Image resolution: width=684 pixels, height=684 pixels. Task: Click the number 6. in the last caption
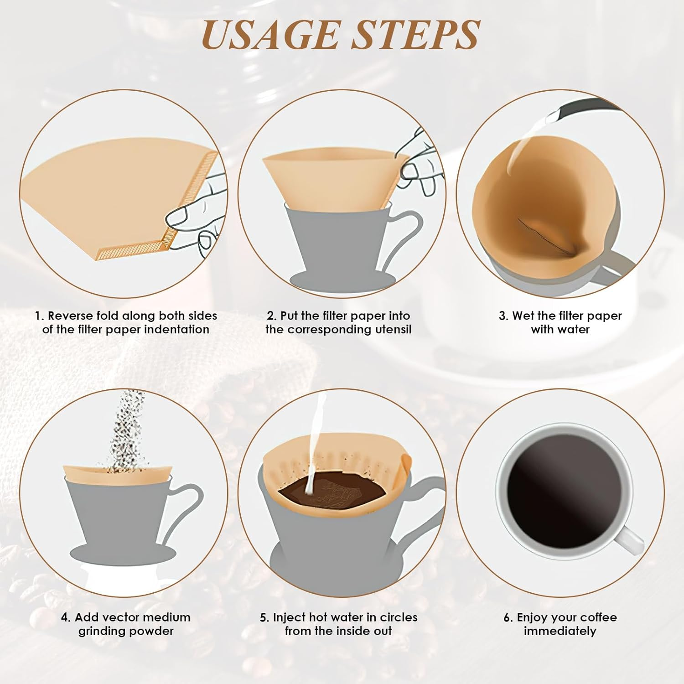pyautogui.click(x=508, y=617)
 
